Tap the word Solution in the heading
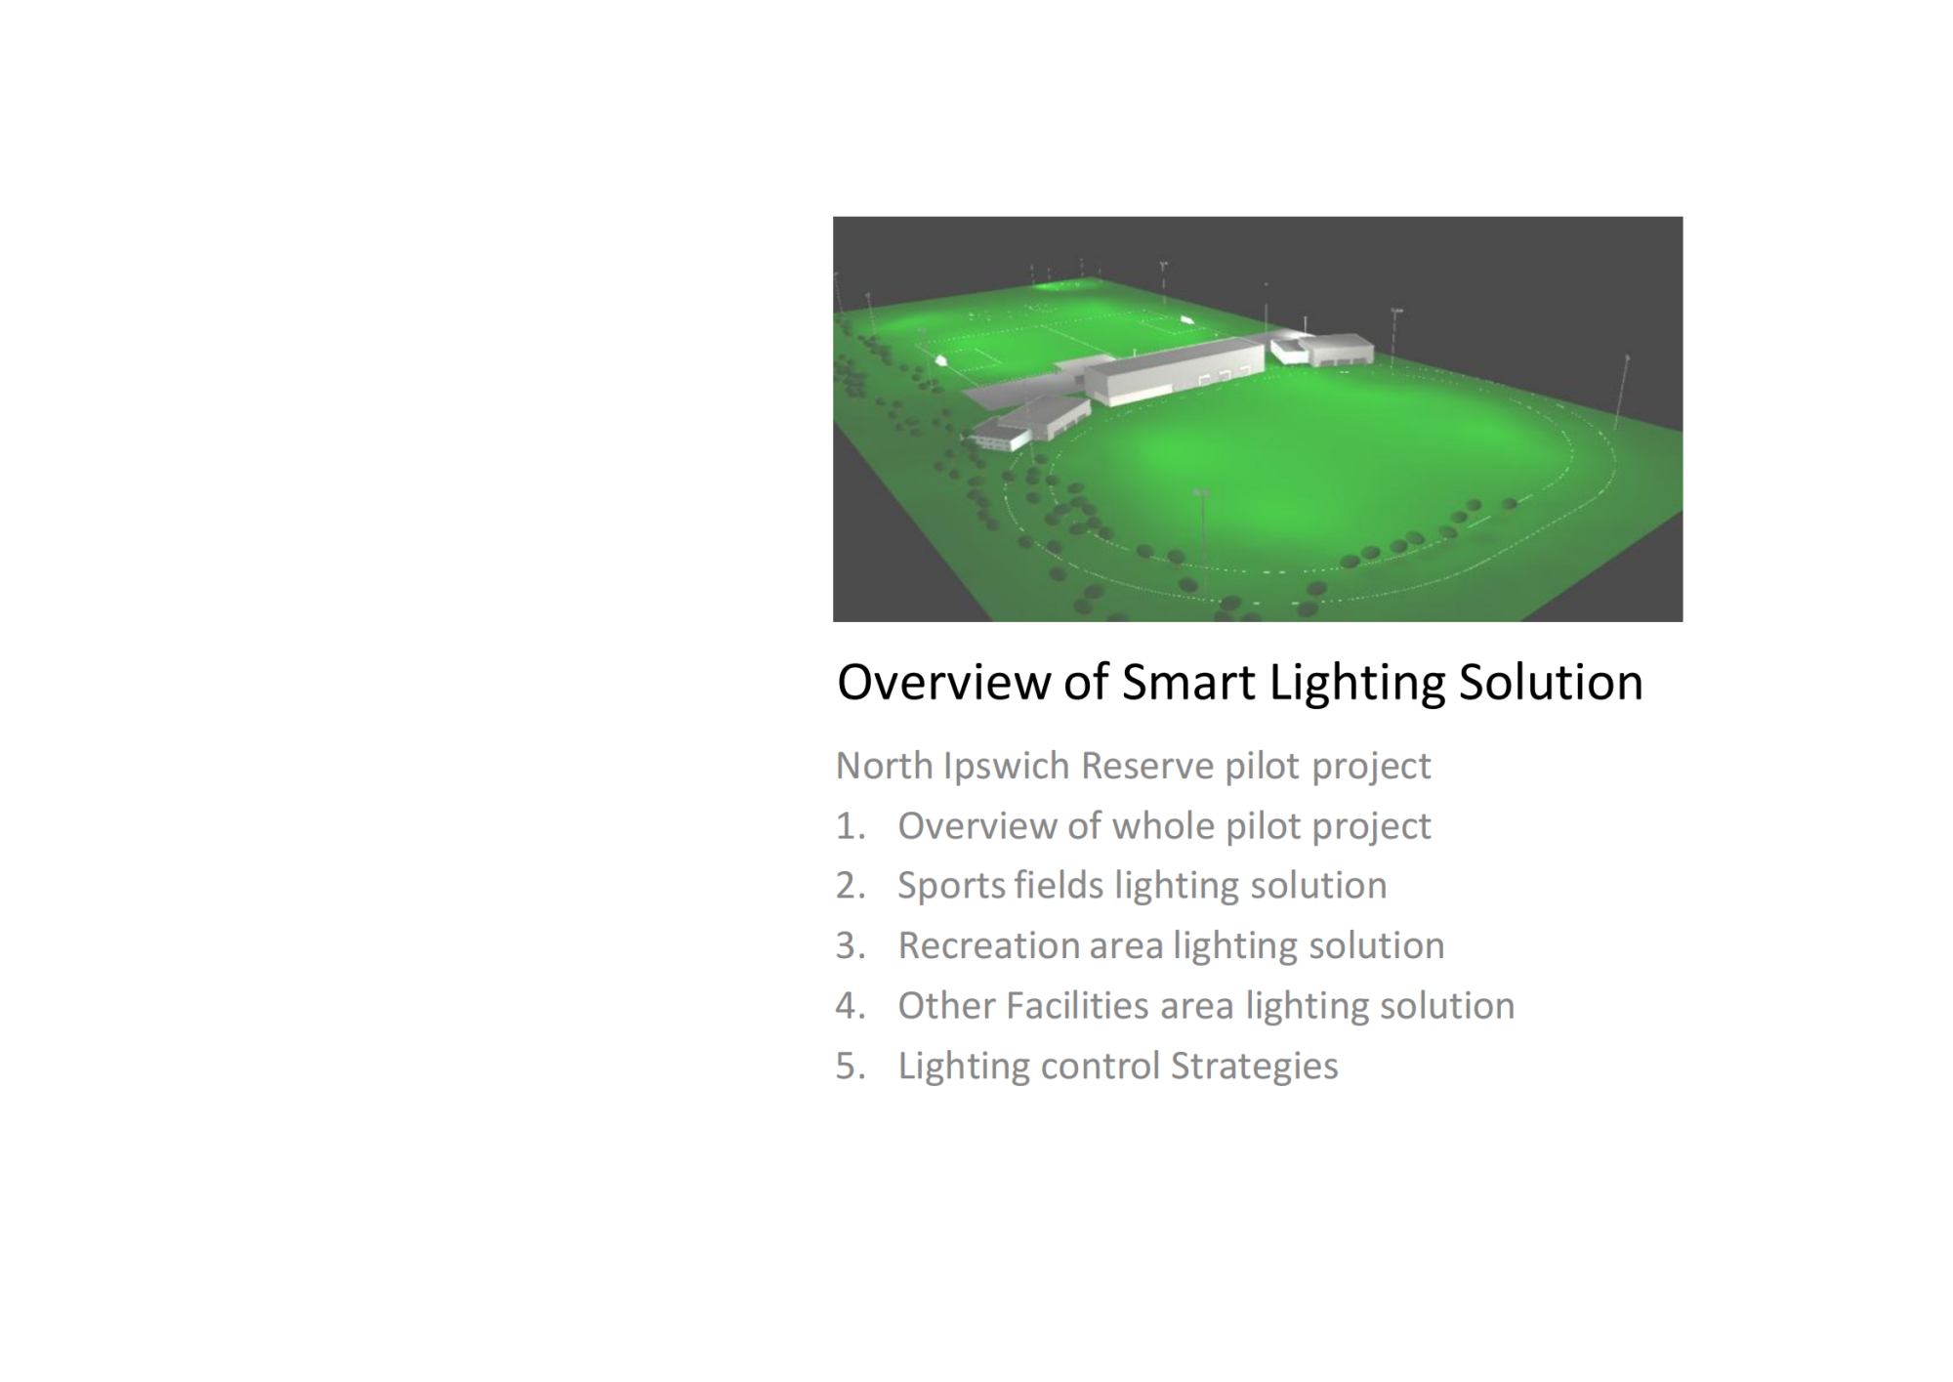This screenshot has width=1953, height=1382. tap(1551, 682)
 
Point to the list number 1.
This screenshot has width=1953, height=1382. tap(851, 826)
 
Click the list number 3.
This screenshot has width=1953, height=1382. tap(851, 945)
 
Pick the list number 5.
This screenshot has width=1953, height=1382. tap(851, 1066)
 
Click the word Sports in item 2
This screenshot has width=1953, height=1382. tap(951, 886)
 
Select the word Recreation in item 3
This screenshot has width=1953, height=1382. tap(987, 945)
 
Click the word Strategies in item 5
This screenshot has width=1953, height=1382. tap(1255, 1067)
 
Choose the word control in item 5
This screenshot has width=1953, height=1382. tap(1101, 1066)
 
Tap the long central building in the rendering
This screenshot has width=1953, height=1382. tap(1176, 369)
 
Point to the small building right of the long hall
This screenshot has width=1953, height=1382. tap(1335, 349)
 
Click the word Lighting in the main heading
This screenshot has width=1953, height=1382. tap(1356, 682)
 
